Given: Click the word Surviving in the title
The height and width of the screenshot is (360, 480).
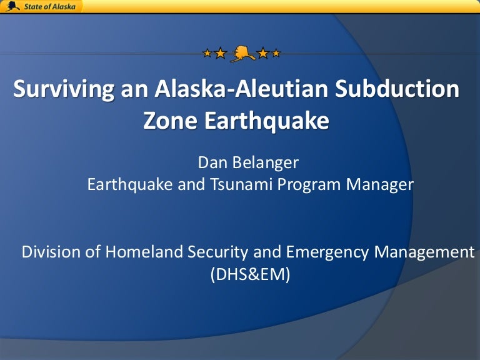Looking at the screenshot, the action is pyautogui.click(x=64, y=89).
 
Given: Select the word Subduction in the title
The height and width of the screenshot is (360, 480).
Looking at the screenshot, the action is pyautogui.click(x=397, y=89).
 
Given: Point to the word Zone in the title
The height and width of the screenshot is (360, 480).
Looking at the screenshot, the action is pyautogui.click(x=170, y=120).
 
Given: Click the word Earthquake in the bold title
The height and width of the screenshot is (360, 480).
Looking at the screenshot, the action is pyautogui.click(x=267, y=121).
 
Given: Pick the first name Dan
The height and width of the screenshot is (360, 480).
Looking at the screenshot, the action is pyautogui.click(x=212, y=162).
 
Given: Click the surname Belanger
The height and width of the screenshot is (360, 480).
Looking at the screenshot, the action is pyautogui.click(x=265, y=163).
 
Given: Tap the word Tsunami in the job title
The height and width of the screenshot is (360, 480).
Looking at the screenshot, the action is pyautogui.click(x=241, y=184).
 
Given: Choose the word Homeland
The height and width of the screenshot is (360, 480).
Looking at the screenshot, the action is pyautogui.click(x=144, y=252).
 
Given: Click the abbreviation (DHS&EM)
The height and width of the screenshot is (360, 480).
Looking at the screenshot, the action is pyautogui.click(x=250, y=274).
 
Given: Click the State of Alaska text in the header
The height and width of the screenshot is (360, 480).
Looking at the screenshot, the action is pyautogui.click(x=49, y=6).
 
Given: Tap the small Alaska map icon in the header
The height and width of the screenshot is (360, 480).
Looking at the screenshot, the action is pyautogui.click(x=13, y=6).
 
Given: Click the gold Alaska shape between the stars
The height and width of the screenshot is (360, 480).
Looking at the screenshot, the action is pyautogui.click(x=242, y=54).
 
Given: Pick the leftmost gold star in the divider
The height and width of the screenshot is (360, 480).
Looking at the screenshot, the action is pyautogui.click(x=207, y=53).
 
